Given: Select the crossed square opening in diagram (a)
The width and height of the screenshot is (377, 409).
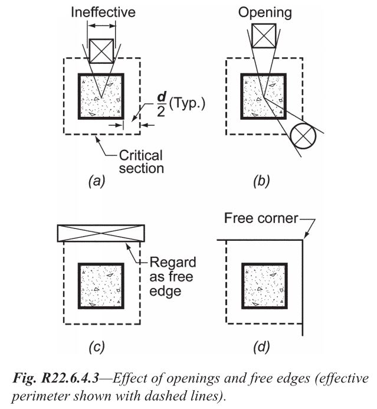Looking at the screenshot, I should point(102,51).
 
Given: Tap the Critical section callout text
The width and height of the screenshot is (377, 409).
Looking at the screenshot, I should point(142,162).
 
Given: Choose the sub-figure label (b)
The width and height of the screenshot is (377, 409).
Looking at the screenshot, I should point(260,182).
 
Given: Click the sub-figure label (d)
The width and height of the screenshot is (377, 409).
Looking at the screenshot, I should point(260,346).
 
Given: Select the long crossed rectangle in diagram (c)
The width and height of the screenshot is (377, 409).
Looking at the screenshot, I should point(101,233).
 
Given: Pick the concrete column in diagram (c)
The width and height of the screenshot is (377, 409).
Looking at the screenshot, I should point(101,285).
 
